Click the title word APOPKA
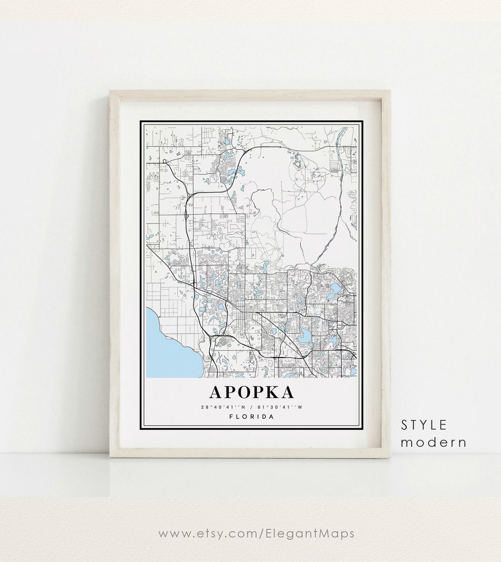pyautogui.click(x=252, y=392)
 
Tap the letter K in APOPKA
pyautogui.click(x=270, y=392)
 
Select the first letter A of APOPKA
pyautogui.click(x=216, y=392)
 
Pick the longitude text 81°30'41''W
pyautogui.click(x=280, y=408)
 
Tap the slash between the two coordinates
pyautogui.click(x=251, y=408)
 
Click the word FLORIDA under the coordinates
pyautogui.click(x=251, y=416)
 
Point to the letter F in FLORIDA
pyautogui.click(x=231, y=416)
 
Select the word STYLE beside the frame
pyautogui.click(x=424, y=425)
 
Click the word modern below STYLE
pyautogui.click(x=433, y=442)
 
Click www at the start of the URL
pyautogui.click(x=173, y=534)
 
